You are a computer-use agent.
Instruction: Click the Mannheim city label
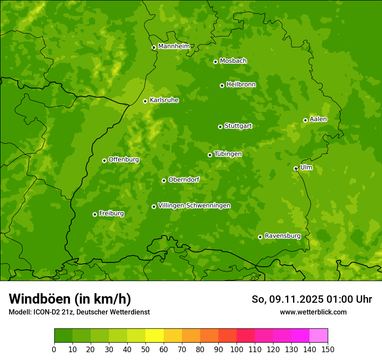pos(174,46)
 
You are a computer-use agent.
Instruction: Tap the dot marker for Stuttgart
pos(220,127)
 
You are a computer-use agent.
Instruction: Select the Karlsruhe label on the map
pos(164,100)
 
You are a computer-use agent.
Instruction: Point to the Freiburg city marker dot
pos(95,214)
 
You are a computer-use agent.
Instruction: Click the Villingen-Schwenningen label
pos(194,206)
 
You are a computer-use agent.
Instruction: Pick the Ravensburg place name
pos(283,236)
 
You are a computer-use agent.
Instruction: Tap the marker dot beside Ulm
pos(296,168)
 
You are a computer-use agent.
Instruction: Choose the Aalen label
pos(318,119)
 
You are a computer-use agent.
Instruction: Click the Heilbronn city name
pos(241,85)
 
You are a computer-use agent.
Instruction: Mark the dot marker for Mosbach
pos(215,62)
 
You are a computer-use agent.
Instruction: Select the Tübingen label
pos(228,154)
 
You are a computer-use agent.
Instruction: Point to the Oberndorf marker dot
pos(164,180)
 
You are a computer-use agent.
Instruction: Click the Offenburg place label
pos(124,160)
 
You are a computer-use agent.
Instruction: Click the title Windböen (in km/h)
pos(70,299)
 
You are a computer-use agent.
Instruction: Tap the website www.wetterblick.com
pos(313,312)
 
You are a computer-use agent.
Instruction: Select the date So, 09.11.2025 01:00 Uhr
pos(312,299)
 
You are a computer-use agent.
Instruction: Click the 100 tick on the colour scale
pos(237,349)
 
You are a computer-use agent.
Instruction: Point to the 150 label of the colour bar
pos(328,349)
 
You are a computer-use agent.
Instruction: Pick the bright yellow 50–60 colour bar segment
pos(154,336)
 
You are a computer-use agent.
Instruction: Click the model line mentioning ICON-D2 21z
pos(79,312)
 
